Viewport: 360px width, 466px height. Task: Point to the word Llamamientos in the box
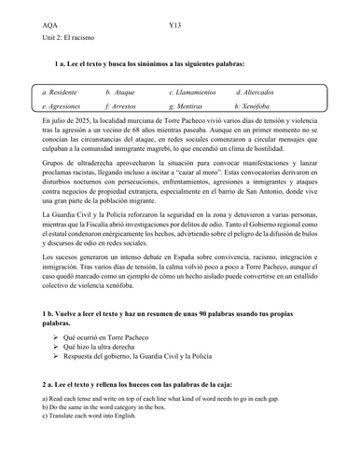[x=201, y=93]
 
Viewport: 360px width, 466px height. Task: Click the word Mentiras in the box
[x=195, y=108]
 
